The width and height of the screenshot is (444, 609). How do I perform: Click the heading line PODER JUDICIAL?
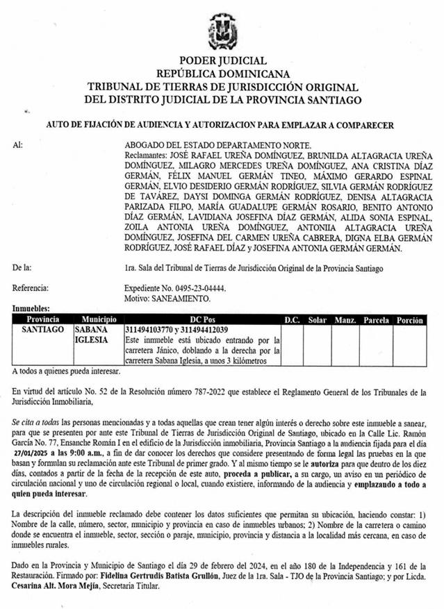pyautogui.click(x=222, y=61)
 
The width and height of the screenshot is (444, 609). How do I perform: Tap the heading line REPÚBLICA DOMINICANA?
pyautogui.click(x=222, y=74)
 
